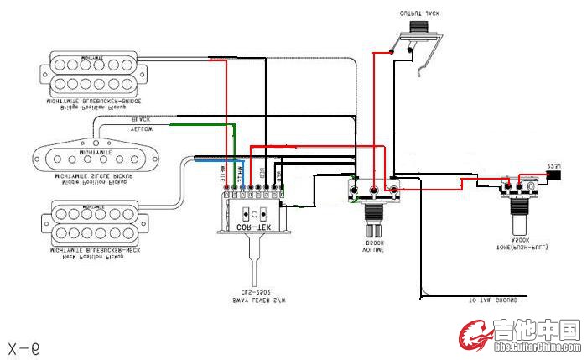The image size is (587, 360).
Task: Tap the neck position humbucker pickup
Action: tap(96, 220)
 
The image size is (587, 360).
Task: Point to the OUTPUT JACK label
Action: tap(418, 14)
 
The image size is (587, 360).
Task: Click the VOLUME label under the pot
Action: tap(373, 250)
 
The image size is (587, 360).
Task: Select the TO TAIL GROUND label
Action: tap(493, 300)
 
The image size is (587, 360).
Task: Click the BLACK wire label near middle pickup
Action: tap(141, 120)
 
